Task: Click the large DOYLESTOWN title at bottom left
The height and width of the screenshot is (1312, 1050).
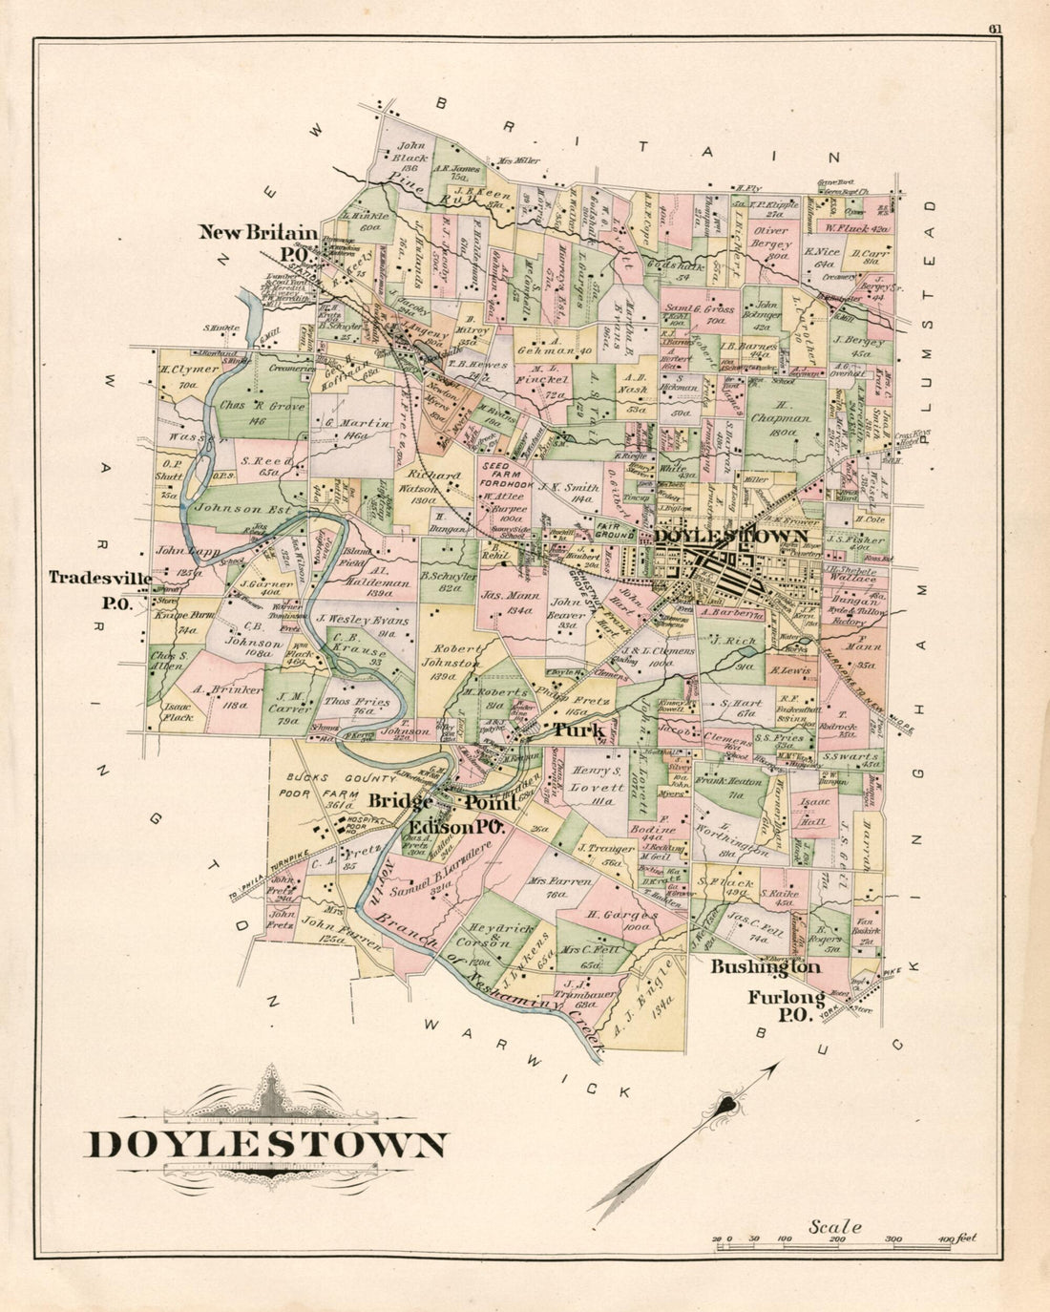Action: [266, 1145]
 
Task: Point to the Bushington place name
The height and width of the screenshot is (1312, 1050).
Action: [765, 967]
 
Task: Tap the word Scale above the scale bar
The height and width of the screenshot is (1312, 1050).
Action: [835, 1227]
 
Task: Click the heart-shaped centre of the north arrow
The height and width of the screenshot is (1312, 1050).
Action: [727, 1107]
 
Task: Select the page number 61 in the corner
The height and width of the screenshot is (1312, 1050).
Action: [995, 29]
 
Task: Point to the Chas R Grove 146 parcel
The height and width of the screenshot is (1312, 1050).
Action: [262, 412]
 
